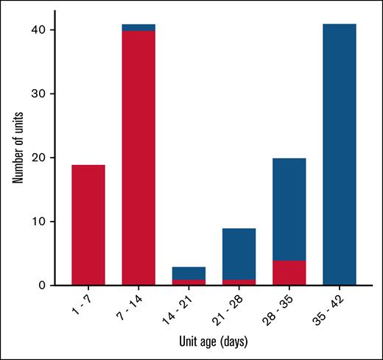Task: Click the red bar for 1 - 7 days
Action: pos(88,225)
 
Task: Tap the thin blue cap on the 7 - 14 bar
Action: pos(138,27)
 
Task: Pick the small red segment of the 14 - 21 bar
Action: pos(189,282)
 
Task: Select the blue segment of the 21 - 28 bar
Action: pos(239,254)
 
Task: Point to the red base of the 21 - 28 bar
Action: pos(239,282)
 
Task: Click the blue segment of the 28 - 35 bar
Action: pos(289,209)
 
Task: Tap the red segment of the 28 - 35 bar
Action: pos(289,272)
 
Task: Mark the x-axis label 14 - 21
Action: pos(182,306)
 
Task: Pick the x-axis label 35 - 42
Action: pos(332,306)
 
